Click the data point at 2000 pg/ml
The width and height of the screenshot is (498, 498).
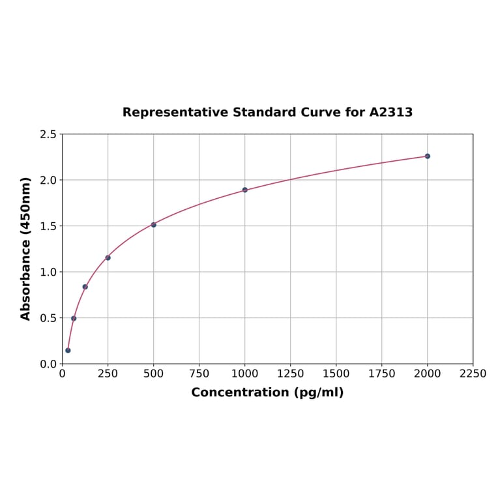point(428,156)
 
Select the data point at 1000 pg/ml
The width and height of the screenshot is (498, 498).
point(245,190)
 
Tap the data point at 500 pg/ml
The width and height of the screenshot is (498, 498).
point(154,225)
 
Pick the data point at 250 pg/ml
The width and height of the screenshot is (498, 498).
point(108,257)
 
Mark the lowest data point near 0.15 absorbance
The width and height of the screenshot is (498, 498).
point(68,351)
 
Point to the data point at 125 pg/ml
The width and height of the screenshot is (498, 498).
point(85,287)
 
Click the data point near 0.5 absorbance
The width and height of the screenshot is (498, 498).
point(74,319)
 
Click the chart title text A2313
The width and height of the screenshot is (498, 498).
point(390,113)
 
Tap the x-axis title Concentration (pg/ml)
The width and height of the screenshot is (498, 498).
point(267,392)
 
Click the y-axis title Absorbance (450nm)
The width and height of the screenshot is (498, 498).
point(26,248)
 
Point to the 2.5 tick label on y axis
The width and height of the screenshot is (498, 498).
point(48,134)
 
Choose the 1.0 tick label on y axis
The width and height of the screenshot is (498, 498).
point(48,272)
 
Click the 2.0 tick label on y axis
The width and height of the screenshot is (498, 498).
point(48,180)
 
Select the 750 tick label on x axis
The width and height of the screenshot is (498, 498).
point(199,373)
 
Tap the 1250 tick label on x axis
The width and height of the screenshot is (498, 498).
point(291,373)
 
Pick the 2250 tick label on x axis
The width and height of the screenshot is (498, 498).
point(473,373)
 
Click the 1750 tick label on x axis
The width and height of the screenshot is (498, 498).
point(382,373)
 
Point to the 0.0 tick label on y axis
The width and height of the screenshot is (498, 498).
point(48,364)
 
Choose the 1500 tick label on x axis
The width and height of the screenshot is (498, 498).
point(336,373)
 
